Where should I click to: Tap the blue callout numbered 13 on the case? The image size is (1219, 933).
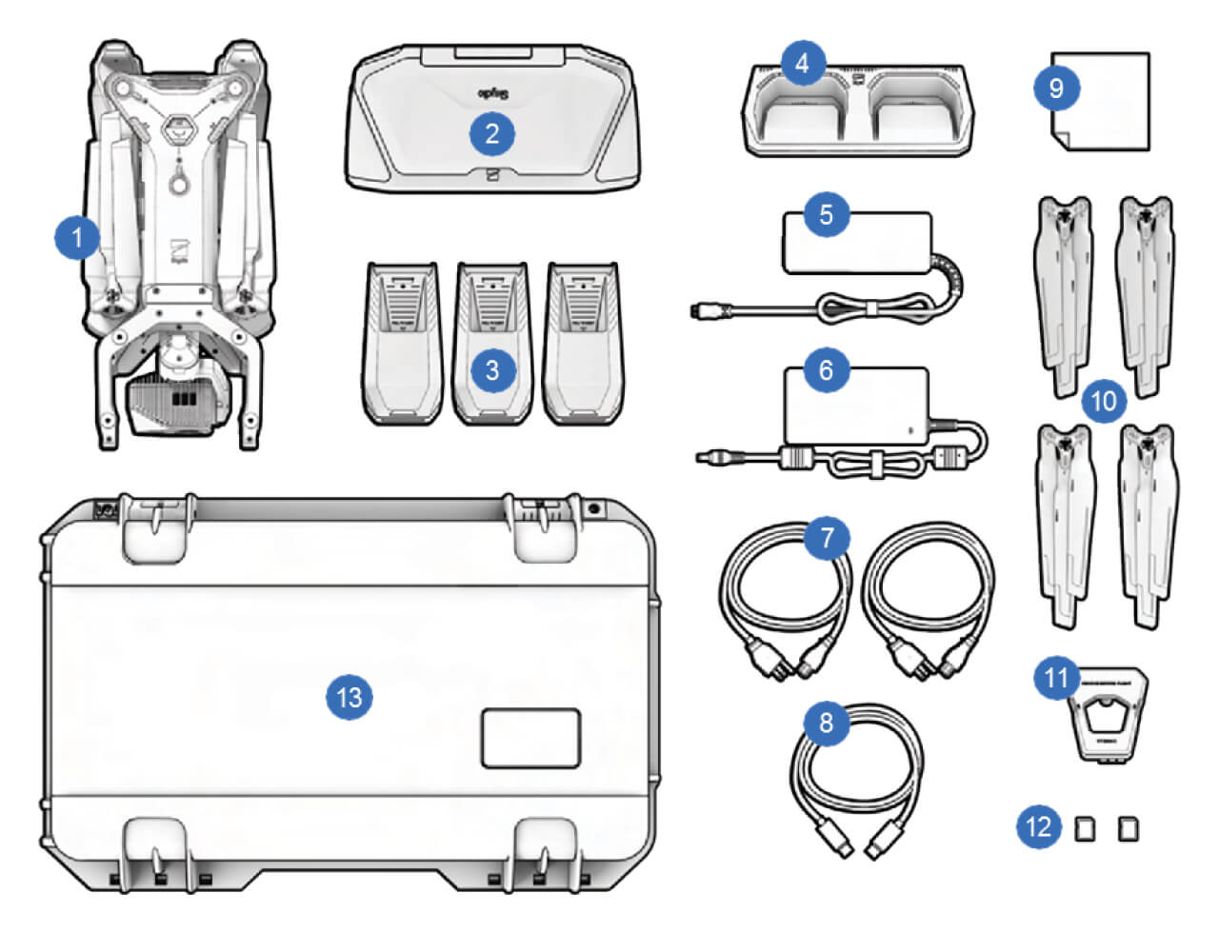coord(350,698)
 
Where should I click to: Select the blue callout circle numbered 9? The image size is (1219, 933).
coord(1055,89)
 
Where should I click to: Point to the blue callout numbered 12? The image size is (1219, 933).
coord(1038,825)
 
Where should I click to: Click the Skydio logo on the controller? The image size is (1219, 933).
coord(491,94)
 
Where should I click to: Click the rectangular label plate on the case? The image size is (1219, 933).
coord(530,737)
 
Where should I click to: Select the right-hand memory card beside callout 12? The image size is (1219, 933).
coord(1128,829)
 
